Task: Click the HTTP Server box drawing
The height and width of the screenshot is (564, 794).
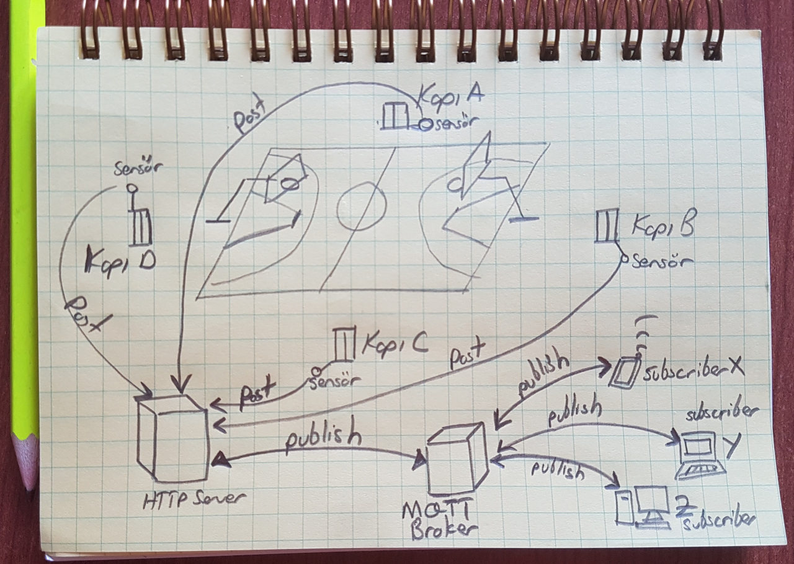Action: tap(172, 438)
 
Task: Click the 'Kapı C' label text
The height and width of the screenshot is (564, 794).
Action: tap(394, 343)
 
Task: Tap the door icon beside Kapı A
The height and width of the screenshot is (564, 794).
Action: tap(394, 116)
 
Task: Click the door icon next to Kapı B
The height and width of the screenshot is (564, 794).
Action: tap(606, 226)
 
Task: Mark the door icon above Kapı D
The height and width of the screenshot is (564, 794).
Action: tap(140, 226)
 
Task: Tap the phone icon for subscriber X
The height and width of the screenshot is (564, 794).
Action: tap(623, 372)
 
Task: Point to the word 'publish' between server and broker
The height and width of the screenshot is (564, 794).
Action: tap(323, 439)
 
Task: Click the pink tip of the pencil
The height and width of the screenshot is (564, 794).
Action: tap(26, 462)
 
